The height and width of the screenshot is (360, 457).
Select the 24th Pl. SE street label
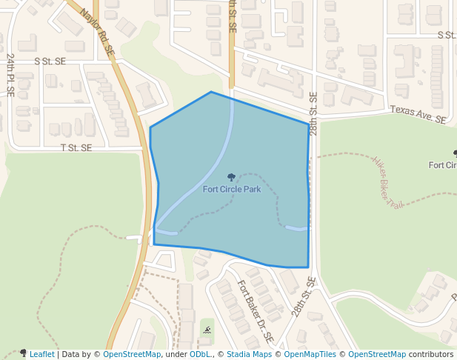[x=10, y=74]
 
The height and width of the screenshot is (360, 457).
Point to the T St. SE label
[x=76, y=147]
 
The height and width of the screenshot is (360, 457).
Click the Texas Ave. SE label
[x=418, y=114]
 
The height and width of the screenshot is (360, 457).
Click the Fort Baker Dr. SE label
[x=256, y=312]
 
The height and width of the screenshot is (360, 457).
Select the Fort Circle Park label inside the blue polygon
[x=232, y=189]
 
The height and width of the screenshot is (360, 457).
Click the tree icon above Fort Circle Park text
[x=232, y=177]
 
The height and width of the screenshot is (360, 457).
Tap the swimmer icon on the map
[x=207, y=330]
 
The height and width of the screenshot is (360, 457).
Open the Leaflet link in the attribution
[x=41, y=354]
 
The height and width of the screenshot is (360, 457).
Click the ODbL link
[x=200, y=354]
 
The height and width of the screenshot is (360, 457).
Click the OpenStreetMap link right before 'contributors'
[x=377, y=354]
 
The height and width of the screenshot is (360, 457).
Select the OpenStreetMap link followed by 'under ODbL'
[x=132, y=354]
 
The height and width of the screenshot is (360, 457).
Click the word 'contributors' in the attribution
[x=431, y=354]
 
